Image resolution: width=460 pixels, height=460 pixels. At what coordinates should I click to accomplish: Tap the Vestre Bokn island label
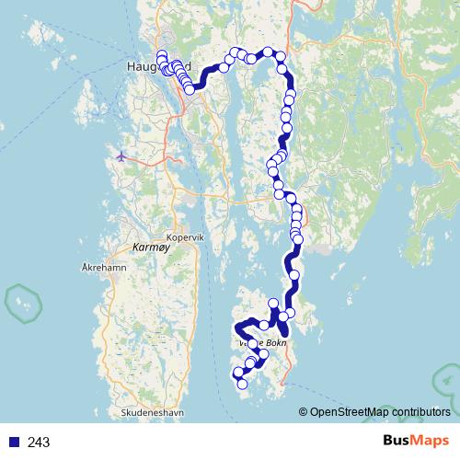(263, 343)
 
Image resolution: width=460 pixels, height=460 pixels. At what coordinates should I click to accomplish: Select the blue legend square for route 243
(14, 442)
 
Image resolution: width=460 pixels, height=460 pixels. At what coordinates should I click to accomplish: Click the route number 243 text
(39, 442)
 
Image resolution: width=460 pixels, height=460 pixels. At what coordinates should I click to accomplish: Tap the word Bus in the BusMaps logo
(399, 441)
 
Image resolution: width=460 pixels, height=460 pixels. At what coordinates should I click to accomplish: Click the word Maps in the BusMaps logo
(431, 441)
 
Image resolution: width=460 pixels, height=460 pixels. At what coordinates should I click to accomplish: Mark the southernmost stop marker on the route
(243, 385)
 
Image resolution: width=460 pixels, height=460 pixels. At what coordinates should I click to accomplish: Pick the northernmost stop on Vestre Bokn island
(273, 304)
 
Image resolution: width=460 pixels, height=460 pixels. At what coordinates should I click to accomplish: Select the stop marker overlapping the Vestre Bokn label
(253, 343)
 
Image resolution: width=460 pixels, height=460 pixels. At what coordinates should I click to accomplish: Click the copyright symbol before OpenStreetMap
(304, 412)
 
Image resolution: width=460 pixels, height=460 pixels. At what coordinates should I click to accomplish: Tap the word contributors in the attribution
(420, 412)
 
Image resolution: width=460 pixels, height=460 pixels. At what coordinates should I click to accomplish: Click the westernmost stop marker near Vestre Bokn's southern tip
(237, 373)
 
